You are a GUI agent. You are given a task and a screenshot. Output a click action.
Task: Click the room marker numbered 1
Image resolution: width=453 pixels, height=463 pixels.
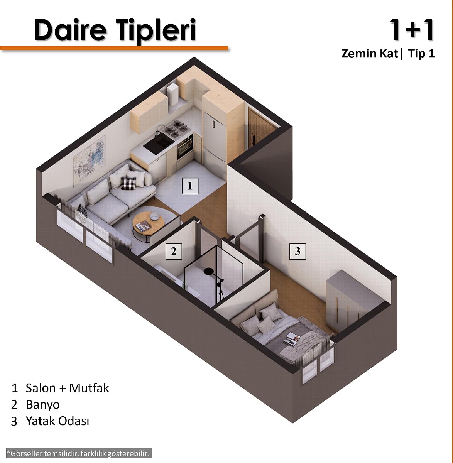190,186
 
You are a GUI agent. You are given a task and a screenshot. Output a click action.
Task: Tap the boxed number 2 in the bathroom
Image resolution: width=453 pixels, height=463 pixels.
174,251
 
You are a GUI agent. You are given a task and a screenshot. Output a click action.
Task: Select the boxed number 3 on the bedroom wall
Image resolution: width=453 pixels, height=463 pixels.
297,251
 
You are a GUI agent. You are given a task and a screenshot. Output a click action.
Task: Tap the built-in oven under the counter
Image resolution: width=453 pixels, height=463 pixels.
185,147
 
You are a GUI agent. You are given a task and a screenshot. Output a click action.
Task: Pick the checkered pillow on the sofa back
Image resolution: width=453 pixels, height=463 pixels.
128,183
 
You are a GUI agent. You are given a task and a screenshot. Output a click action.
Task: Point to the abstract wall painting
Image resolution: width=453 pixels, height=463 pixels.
89,161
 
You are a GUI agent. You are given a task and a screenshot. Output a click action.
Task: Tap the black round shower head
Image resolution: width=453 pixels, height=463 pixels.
209,271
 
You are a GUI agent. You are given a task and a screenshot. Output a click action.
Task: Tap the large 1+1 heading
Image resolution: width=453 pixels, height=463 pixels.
412,30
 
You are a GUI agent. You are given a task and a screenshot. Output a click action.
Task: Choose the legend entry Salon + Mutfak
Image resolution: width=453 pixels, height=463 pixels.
67,388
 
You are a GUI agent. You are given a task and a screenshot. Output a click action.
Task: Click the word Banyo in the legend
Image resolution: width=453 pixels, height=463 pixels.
42,405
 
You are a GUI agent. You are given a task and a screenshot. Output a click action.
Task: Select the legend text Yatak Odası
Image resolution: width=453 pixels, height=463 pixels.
57,421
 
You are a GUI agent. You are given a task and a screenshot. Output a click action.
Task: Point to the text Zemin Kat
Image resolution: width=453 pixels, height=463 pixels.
370,54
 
